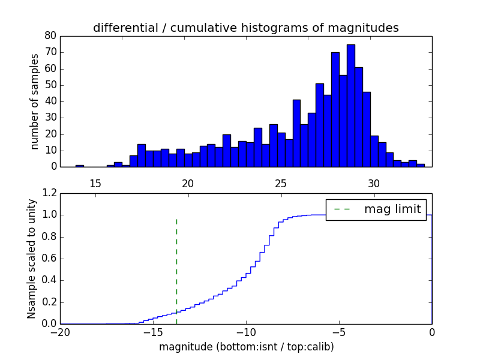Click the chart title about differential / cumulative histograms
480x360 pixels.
pos(245,28)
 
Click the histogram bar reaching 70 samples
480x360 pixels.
pos(335,111)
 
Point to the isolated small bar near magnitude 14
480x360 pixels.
pos(79,166)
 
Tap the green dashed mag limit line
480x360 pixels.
pos(176,264)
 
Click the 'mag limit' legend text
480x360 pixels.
pos(392,209)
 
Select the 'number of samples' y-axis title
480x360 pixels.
pos(35,101)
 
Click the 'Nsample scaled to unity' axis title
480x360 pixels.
pos(32,258)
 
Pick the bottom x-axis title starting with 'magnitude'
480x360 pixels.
pos(246,347)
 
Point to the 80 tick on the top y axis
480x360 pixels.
pos(50,35)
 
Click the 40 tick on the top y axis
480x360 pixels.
pos(50,101)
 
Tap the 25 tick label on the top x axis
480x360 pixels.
pos(281,182)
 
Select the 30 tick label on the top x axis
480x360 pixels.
pos(374,182)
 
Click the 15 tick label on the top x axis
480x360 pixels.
pos(95,182)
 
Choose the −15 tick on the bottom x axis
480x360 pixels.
pos(152,332)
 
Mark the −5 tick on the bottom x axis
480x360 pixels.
pos(338,332)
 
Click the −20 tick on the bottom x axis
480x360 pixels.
pos(60,332)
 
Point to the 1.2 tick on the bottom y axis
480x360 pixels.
pos(48,193)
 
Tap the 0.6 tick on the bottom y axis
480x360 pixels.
pos(48,259)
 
